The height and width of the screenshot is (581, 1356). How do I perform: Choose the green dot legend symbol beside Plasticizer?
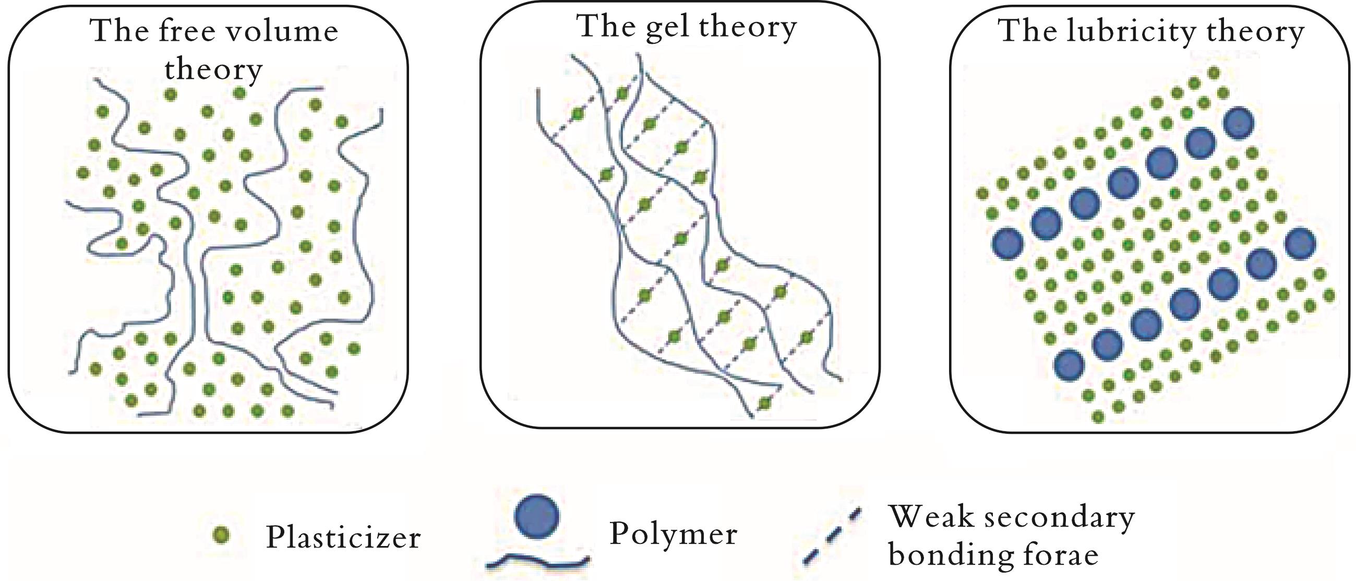222,535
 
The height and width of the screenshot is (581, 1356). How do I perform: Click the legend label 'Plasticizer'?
343,537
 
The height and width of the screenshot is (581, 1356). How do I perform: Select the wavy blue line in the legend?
537,562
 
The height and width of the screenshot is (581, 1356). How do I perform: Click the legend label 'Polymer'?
673,534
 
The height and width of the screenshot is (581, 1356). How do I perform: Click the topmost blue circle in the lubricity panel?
1238,123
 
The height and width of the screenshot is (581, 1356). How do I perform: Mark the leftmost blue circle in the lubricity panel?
1007,243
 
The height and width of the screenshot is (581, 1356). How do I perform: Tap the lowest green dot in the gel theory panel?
764,404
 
